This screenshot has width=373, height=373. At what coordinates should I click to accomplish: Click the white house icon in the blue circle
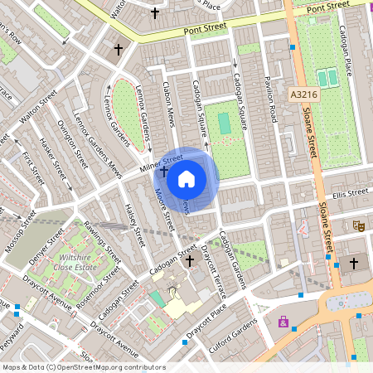pos(186,178)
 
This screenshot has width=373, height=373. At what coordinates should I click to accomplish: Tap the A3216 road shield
pos(304,96)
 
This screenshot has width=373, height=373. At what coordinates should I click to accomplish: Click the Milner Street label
pos(161,162)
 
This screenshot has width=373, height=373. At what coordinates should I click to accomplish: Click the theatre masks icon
pos(358,225)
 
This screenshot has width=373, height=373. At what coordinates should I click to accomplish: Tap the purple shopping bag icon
pos(284,322)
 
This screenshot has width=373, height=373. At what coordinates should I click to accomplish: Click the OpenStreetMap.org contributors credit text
pos(108,366)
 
